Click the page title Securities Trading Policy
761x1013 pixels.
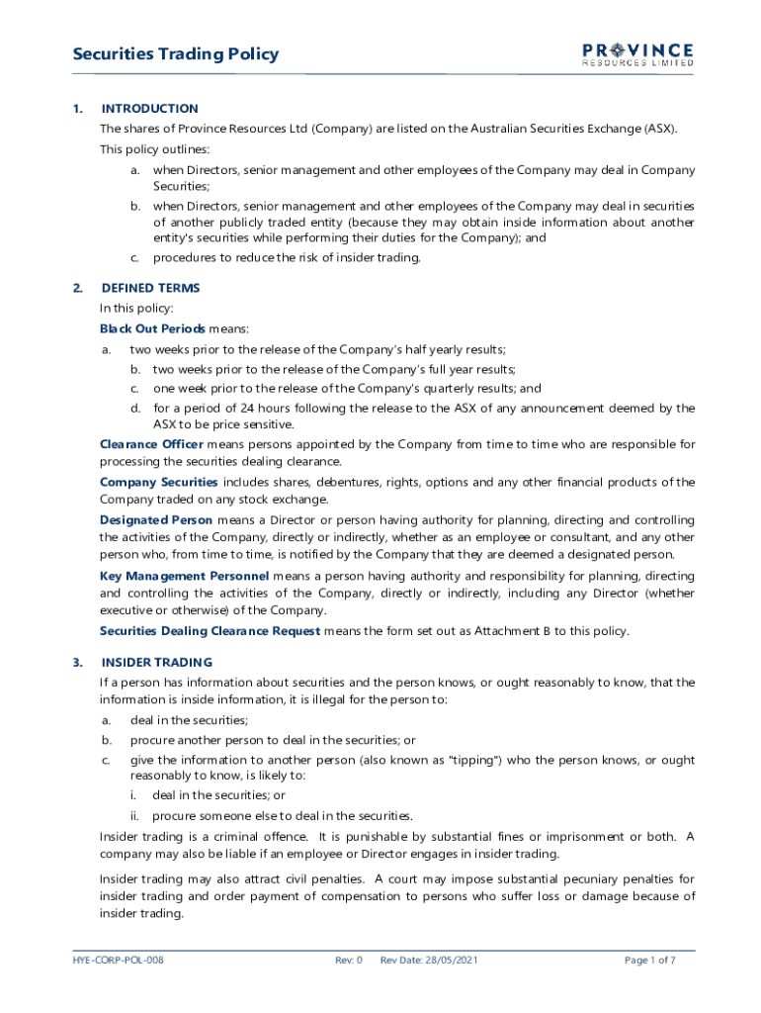[175, 54]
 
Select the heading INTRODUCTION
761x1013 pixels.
[149, 109]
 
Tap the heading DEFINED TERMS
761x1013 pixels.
[150, 288]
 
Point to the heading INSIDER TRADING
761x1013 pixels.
[156, 662]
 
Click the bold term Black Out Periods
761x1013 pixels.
[152, 328]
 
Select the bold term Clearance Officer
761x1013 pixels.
[151, 444]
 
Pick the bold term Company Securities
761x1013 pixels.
[158, 482]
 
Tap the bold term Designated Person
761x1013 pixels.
[156, 519]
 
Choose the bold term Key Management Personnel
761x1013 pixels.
[184, 576]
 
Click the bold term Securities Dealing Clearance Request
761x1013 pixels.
[210, 631]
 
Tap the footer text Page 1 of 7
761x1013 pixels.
[650, 960]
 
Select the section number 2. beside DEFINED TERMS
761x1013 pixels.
[77, 288]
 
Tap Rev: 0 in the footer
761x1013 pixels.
[349, 960]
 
